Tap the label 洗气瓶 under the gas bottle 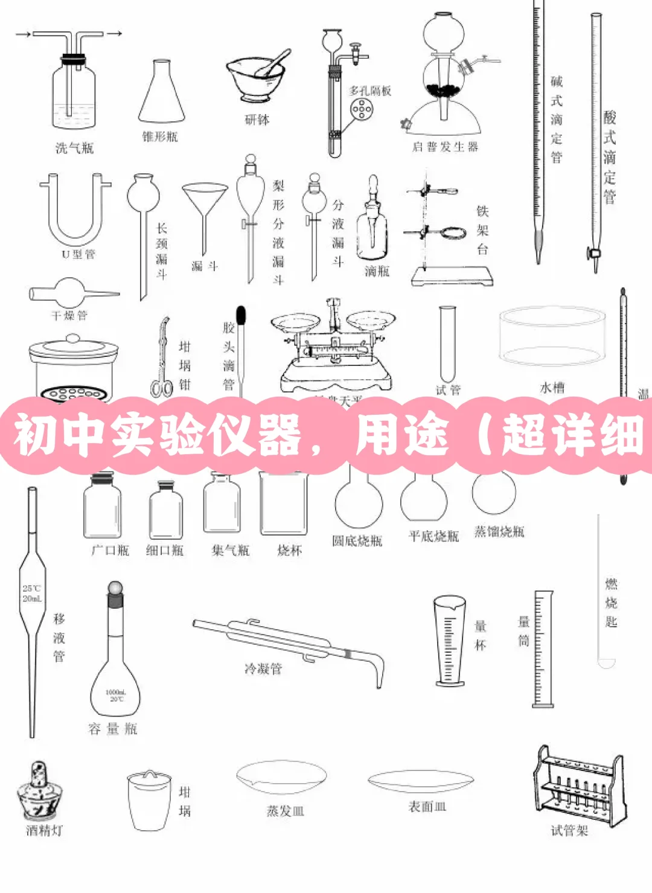coord(74,148)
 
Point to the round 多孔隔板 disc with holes coord(362,109)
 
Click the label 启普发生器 coord(445,147)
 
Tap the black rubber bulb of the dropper coord(241,315)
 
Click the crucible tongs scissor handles coord(161,386)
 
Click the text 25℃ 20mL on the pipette coord(32,594)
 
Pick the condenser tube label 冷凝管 coord(263,668)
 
